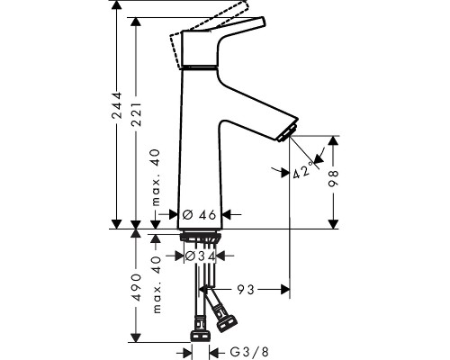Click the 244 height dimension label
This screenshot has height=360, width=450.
(x=116, y=105)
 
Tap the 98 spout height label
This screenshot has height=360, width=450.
(x=333, y=178)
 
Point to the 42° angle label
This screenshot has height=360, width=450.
(x=302, y=171)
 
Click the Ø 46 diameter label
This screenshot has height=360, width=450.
(x=200, y=214)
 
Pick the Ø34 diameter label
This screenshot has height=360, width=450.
(x=200, y=256)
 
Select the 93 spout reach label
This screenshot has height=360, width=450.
(x=246, y=290)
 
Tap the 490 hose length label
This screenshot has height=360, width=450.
(x=137, y=287)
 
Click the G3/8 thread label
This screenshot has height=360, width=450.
(x=249, y=352)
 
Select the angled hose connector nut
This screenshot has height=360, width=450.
(x=227, y=325)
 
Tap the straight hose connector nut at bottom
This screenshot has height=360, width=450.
(x=200, y=337)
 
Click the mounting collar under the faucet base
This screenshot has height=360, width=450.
(x=201, y=236)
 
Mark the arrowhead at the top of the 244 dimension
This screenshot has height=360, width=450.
(x=116, y=5)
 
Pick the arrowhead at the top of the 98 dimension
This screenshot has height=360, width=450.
(x=333, y=140)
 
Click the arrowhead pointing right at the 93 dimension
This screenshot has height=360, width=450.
(x=285, y=290)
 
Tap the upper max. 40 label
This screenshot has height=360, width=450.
(x=157, y=177)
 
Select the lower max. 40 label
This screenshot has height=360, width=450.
(x=157, y=285)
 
